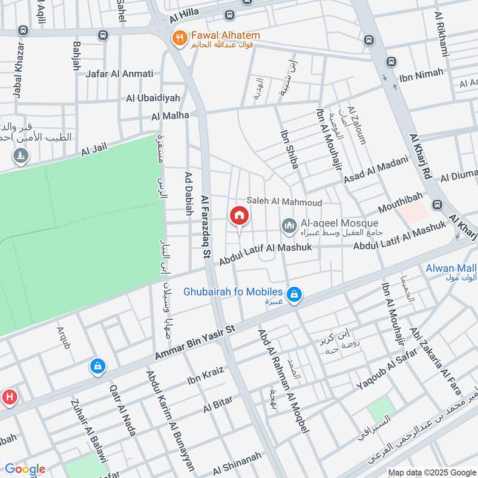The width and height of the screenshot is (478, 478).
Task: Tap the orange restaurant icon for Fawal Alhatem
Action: tap(178, 39)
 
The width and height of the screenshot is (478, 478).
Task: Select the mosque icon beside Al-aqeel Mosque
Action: tap(290, 226)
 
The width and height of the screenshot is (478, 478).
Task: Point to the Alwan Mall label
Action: tap(451, 268)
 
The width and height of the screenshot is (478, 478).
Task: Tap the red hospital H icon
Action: tap(9, 396)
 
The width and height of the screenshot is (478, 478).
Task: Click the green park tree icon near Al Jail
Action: tap(22, 156)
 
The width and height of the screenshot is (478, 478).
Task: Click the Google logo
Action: tap(24, 469)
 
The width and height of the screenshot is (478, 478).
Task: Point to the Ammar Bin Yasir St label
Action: tap(196, 343)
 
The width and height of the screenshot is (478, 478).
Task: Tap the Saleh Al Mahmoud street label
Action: tap(285, 203)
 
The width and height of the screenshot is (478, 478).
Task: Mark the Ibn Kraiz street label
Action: tap(206, 375)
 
